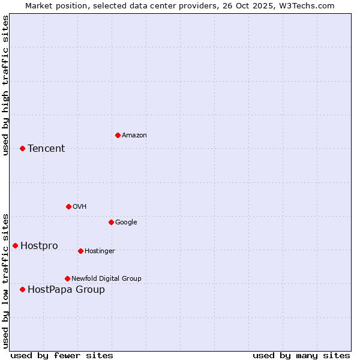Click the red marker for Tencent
click(22, 148)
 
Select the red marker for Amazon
click(118, 135)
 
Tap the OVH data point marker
click(68, 206)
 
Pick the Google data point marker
click(111, 222)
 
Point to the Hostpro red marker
click(15, 245)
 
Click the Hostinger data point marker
click(80, 251)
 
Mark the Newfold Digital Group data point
click(67, 278)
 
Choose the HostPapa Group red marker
click(22, 289)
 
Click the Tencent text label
click(46, 149)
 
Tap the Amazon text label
click(134, 136)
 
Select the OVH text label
click(80, 207)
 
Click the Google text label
click(126, 223)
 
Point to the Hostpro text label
click(39, 246)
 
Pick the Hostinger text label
click(100, 251)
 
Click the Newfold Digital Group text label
click(106, 279)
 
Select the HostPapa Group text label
click(66, 290)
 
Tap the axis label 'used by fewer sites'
click(62, 355)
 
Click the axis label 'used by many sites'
click(301, 355)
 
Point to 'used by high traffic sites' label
click(5, 85)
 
